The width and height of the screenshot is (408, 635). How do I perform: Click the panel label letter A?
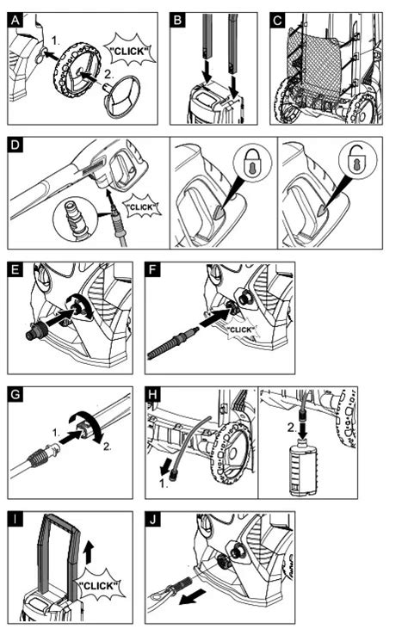pos(15,20)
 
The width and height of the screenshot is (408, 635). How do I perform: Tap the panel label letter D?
pos(15,145)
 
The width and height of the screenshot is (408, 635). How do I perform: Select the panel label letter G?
pos(15,394)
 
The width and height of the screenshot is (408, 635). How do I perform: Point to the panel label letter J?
pos(152,519)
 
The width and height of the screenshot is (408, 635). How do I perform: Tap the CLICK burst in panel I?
pos(98,585)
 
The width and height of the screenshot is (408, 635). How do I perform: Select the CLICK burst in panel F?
pos(240,330)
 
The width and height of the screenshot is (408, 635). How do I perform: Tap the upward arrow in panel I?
pos(90,552)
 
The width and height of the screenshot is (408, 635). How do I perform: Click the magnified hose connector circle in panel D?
pos(77,219)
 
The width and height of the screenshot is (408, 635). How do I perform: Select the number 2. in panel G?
pos(107,447)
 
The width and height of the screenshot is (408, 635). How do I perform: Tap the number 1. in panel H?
pos(163,484)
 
